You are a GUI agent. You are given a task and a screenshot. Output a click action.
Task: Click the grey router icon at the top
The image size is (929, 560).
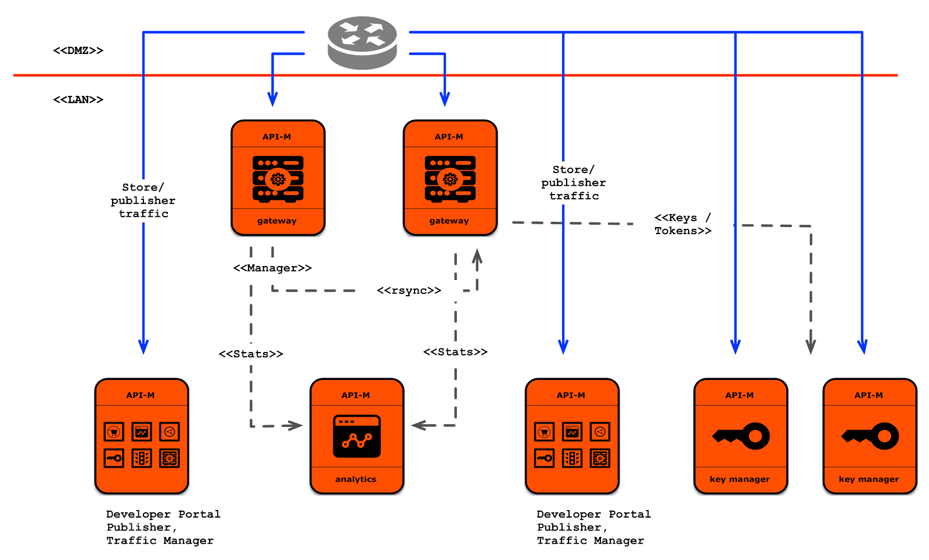click(362, 42)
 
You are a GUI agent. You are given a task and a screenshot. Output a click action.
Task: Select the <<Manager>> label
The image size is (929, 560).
click(272, 268)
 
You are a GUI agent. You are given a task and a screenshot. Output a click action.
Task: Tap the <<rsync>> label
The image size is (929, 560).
click(409, 290)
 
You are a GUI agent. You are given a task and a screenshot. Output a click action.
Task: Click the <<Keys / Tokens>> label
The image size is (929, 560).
click(683, 225)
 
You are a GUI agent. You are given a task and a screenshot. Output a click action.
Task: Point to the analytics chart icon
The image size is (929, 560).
click(357, 436)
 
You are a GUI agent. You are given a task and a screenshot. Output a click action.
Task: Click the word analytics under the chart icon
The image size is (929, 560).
click(356, 479)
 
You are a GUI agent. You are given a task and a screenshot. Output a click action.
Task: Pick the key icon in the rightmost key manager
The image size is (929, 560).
click(870, 436)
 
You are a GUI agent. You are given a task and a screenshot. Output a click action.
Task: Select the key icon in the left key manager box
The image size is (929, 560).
click(741, 436)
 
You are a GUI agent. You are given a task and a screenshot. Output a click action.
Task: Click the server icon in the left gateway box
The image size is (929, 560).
click(278, 179)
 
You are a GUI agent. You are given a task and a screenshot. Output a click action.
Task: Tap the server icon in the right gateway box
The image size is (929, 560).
click(450, 179)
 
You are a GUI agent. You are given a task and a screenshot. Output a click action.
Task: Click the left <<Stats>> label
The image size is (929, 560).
click(251, 354)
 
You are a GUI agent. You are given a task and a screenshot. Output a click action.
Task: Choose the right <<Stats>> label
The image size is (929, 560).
click(455, 352)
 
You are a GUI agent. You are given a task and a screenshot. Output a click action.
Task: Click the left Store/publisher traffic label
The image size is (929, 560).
click(143, 200)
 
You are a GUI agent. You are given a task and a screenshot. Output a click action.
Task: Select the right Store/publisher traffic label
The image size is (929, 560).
click(574, 183)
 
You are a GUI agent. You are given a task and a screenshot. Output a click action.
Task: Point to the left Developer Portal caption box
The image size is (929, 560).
click(164, 527)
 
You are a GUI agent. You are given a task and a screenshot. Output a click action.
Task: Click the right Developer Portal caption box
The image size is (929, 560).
click(595, 527)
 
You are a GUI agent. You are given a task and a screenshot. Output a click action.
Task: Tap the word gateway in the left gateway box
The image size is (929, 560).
click(277, 221)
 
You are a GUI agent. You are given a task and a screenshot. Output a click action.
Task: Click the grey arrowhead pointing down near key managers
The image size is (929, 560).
click(811, 347)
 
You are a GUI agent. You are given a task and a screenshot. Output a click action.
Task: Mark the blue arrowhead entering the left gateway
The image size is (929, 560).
click(272, 99)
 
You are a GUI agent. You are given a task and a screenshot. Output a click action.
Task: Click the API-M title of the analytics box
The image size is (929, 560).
click(356, 395)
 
